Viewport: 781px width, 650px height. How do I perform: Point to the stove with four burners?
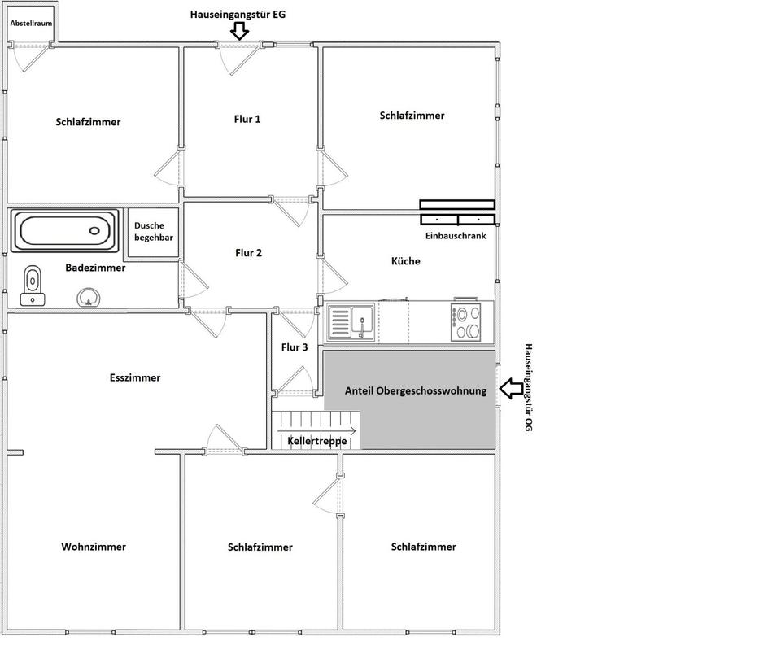(x=469, y=321)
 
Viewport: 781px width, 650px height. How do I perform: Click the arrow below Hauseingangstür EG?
(x=238, y=31)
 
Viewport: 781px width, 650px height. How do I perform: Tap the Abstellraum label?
(x=31, y=24)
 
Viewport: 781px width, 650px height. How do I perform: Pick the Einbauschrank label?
(x=456, y=236)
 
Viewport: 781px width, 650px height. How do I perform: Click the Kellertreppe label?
(x=317, y=441)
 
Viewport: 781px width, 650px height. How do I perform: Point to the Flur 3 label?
(x=295, y=347)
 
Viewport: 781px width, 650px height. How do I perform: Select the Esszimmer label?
(x=135, y=377)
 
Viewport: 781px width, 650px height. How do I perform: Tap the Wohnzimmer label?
(x=94, y=547)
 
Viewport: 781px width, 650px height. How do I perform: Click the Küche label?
(x=405, y=261)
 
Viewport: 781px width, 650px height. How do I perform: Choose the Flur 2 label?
(x=248, y=253)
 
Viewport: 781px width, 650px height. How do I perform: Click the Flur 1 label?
(x=247, y=119)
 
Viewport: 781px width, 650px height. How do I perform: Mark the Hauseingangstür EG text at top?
(x=238, y=15)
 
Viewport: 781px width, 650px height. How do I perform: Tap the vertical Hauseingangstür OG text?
(x=528, y=386)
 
